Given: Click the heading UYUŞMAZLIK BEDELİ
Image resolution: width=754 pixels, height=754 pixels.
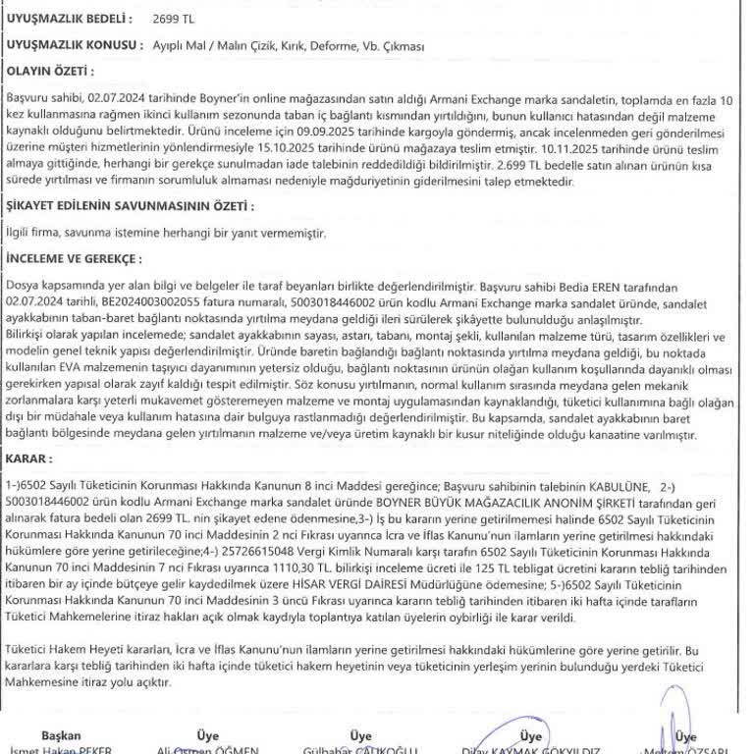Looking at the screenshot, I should [x=68, y=19].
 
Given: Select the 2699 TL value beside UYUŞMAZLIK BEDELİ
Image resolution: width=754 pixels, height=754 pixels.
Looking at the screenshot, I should [x=174, y=19].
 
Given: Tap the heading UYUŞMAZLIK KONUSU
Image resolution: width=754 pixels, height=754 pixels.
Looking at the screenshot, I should [x=71, y=45].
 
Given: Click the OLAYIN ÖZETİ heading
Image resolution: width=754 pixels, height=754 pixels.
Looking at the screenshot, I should [x=50, y=72].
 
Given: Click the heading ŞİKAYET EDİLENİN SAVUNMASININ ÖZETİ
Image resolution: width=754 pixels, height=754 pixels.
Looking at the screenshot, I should [x=130, y=206].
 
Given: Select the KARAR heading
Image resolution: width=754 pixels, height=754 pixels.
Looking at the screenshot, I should [x=28, y=458].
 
